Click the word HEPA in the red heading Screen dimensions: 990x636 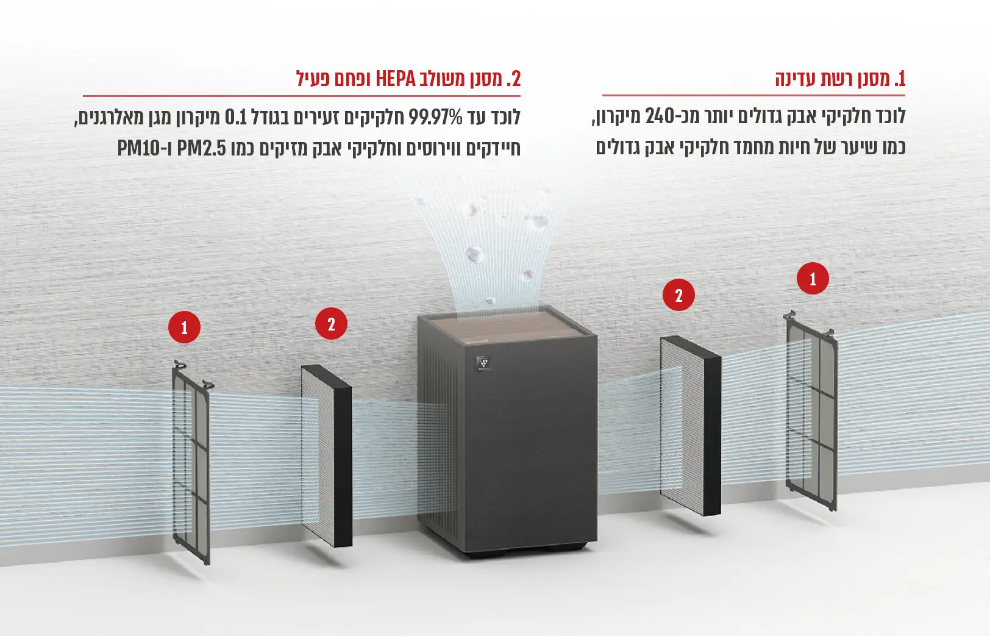click(396, 79)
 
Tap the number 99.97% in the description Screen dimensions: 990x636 click(435, 118)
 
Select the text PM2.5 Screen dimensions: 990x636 click(202, 149)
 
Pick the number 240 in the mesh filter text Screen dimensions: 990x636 click(660, 116)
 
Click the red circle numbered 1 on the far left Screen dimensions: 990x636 click(184, 327)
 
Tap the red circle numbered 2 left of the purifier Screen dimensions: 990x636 click(331, 324)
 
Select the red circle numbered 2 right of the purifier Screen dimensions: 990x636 click(679, 295)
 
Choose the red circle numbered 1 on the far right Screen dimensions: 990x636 click(813, 279)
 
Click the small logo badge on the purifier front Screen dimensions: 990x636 click(483, 363)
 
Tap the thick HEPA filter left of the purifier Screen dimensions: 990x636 click(327, 456)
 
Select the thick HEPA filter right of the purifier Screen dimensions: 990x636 click(690, 426)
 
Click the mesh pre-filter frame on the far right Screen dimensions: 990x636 click(811, 411)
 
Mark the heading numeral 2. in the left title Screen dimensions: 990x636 click(513, 79)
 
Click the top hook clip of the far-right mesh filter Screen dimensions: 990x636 click(789, 315)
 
